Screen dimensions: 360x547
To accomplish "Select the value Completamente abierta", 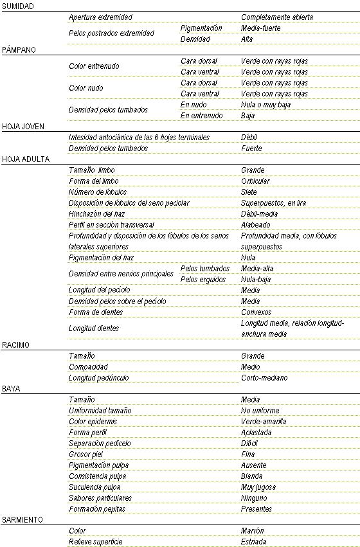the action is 277,17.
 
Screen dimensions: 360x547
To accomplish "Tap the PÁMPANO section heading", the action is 19,49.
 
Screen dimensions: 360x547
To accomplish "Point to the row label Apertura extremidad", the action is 100,17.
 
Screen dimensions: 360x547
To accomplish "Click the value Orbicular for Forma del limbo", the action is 255,181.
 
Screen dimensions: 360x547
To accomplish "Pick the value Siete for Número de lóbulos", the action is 249,192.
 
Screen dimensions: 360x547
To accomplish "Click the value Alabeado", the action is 255,225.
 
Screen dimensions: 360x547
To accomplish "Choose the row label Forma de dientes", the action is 96,312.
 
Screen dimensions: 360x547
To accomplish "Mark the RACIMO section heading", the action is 16,345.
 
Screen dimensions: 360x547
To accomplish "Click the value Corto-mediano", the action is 264,377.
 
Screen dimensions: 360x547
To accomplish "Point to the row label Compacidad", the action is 87,366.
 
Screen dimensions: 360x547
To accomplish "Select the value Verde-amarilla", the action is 264,421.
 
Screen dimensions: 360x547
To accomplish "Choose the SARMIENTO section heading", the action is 22,519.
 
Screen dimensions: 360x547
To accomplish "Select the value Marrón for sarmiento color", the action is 252,530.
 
